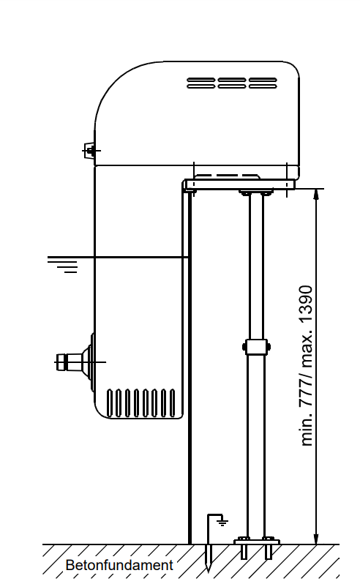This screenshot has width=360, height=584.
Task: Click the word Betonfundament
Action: click(119, 565)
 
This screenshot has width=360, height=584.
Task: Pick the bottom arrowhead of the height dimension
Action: click(316, 539)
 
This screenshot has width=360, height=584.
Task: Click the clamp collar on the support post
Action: click(256, 347)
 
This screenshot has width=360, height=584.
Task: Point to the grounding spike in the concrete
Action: click(209, 558)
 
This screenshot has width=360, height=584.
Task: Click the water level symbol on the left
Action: click(62, 264)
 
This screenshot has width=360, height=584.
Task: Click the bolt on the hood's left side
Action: click(90, 151)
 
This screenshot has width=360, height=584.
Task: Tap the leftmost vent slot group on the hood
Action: click(200, 83)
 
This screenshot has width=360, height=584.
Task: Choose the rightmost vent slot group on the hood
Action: click(263, 83)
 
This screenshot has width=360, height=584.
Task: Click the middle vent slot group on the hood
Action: click(232, 83)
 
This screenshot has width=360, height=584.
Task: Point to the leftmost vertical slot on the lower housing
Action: click(110, 403)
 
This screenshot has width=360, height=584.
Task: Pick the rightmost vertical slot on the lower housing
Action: click(172, 403)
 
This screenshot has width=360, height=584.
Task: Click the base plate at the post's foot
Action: click(257, 542)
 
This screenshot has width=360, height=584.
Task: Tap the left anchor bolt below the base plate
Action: click(244, 552)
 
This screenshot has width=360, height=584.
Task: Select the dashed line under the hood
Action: click(227, 176)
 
